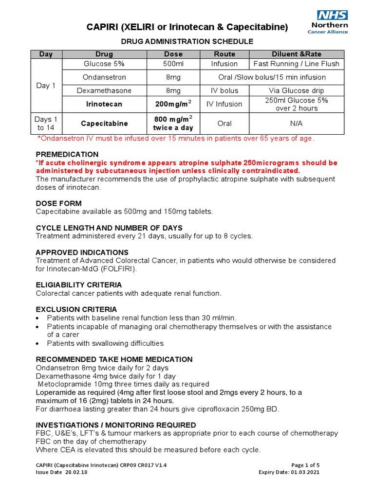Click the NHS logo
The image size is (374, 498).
tap(333, 15)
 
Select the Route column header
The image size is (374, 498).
tap(224, 54)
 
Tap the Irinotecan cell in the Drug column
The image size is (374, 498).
tap(104, 104)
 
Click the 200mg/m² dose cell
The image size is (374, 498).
tap(173, 104)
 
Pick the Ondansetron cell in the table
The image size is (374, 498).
tap(104, 77)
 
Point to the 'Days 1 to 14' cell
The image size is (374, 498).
tap(46, 124)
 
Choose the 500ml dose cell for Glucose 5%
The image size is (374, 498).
tap(173, 64)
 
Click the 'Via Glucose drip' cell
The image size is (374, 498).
tap(296, 90)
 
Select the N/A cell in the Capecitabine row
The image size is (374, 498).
tap(296, 124)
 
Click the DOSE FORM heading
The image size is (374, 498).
tap(59, 203)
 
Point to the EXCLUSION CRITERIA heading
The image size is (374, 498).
tap(76, 309)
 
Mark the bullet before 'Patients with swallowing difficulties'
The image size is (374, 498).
tap(38, 343)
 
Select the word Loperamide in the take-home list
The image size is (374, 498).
tap(55, 392)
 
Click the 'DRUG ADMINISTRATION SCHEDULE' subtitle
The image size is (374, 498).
tap(187, 41)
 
